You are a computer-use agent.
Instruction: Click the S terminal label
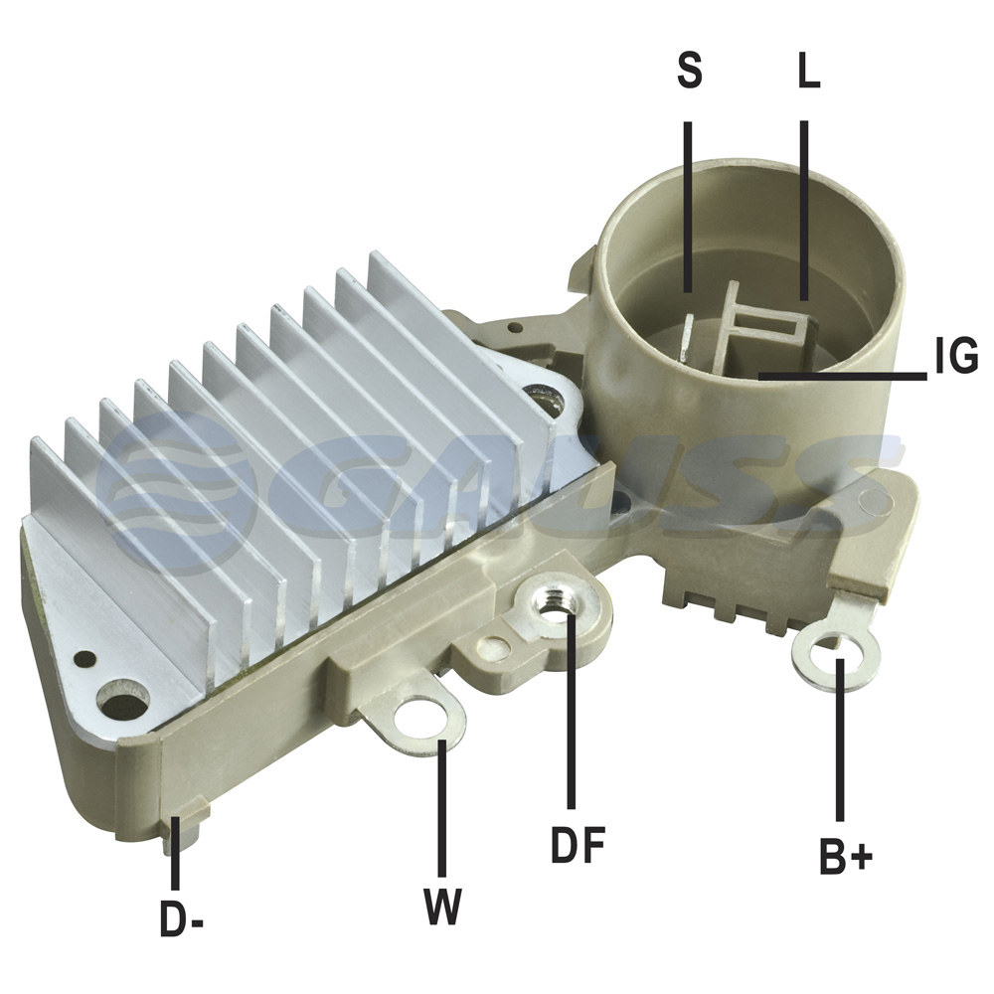tap(690, 70)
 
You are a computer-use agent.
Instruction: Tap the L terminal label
tap(808, 70)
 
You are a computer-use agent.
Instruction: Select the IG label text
tap(956, 356)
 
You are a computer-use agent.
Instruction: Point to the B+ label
tap(846, 857)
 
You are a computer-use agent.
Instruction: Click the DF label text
tap(578, 844)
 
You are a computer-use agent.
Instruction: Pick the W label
tap(442, 907)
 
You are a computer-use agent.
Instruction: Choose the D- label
tap(181, 918)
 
